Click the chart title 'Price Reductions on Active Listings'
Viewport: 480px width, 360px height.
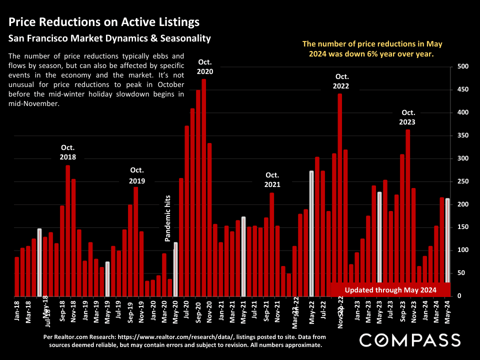[104, 22]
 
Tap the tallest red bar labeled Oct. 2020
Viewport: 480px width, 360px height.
[203, 187]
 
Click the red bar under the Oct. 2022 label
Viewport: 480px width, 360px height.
[340, 190]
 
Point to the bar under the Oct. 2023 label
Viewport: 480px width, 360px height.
[408, 212]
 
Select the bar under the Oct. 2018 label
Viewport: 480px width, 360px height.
[68, 230]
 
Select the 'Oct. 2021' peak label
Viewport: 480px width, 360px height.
[272, 179]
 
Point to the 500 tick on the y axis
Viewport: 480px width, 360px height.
[462, 66]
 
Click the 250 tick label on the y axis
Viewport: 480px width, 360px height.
[462, 181]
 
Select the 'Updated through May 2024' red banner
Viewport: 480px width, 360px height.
[390, 289]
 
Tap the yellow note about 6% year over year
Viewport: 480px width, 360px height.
[372, 49]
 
